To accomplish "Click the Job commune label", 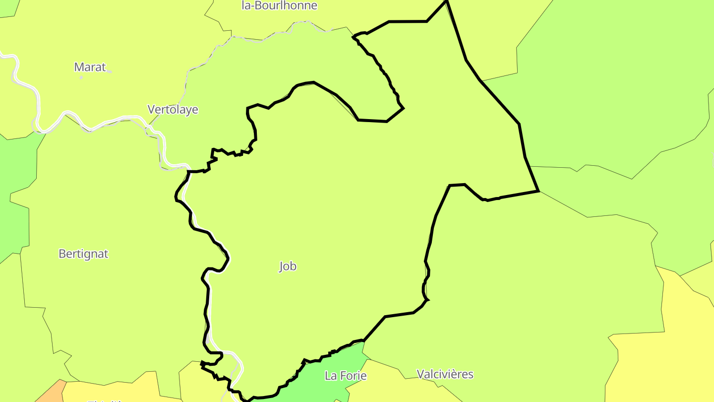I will pos(288,267).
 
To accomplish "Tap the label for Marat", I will pos(90,67).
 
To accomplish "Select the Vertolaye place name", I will pos(173,110).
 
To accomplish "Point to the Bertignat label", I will pos(83,254).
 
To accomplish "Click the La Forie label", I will pos(346,376).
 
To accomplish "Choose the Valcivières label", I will pos(445,374).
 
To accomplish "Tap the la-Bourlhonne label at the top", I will pos(279,6).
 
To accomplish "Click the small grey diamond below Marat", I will pos(81,77).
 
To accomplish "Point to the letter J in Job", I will pos(281,267).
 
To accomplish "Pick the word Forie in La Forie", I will pos(353,376).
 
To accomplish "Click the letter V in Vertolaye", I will pos(151,110).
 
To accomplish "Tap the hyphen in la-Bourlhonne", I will pos(252,6).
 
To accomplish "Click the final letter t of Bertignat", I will pos(106,254).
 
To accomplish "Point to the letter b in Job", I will pos(294,267).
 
